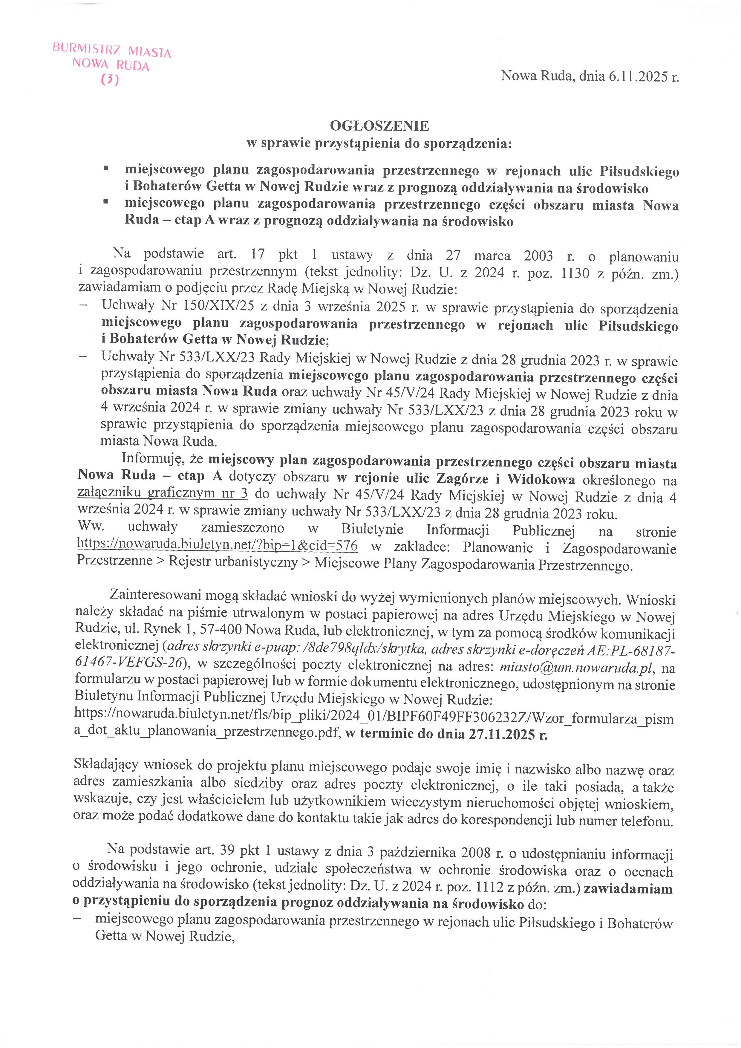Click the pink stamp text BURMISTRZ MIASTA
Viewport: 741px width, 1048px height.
(112, 50)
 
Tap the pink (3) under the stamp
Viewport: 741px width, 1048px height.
(110, 80)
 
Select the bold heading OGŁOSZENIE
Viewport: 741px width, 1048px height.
(379, 126)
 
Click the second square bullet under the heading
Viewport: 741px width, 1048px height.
(106, 201)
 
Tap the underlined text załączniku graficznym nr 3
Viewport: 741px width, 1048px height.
(163, 492)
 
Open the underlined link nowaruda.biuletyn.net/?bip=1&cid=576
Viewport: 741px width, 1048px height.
(217, 544)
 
